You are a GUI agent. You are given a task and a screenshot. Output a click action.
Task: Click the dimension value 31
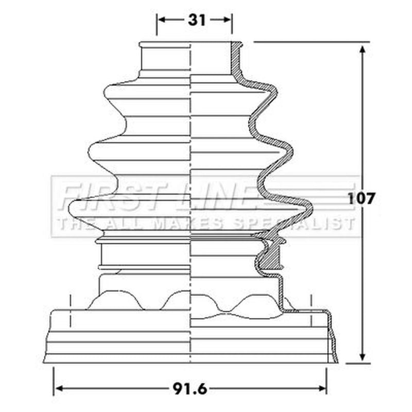[197, 20]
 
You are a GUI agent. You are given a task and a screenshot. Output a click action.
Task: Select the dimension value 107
[360, 199]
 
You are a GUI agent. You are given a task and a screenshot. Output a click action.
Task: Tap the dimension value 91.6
[190, 389]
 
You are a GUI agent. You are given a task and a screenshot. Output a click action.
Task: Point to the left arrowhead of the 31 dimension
[163, 20]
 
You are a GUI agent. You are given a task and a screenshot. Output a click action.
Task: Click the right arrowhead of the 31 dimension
[226, 20]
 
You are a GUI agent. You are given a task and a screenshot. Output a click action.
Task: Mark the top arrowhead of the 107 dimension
[363, 50]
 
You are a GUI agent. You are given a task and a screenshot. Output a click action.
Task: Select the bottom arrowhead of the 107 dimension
[363, 356]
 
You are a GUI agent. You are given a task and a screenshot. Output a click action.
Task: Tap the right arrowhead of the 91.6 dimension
[321, 389]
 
